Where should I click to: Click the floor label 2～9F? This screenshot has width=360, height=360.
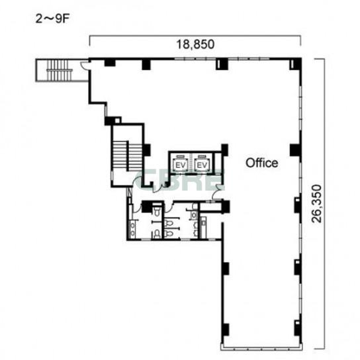coord(52,19)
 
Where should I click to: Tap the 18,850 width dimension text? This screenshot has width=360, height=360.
coord(195,44)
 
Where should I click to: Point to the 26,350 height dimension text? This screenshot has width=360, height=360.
coord(317,204)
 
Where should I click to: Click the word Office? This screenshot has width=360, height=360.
coord(262,163)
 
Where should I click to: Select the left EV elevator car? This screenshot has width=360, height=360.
coord(181,163)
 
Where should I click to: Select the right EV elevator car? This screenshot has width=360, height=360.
coord(202,163)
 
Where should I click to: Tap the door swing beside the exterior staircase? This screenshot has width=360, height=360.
coord(84,65)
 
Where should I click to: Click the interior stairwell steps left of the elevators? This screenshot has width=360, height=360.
coord(127,156)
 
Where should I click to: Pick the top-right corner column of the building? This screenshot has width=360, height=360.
coord(296,64)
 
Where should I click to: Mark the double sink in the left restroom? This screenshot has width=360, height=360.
coord(133,229)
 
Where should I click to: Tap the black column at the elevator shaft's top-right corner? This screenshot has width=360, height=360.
coord(224,150)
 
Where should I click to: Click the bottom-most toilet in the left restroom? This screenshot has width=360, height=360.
coord(157,234)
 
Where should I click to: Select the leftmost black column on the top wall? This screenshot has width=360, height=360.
coord(110,63)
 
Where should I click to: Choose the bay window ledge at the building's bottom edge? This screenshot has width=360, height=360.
coord(261,347)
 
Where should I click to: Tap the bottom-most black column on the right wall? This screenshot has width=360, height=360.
coord(298,328)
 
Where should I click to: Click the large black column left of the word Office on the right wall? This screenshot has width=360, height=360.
coord(295,150)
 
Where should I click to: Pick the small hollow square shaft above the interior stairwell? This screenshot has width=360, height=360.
coord(118,120)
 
